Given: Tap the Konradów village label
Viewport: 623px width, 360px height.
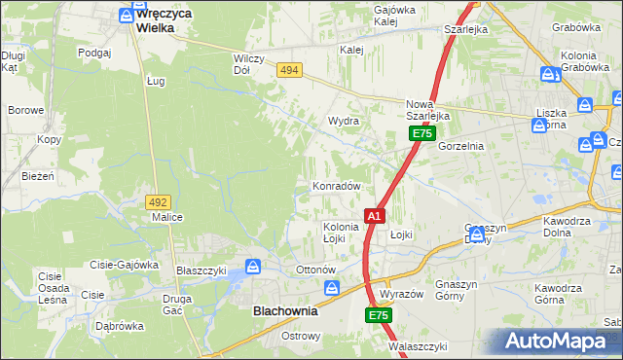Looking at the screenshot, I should (x=337, y=186).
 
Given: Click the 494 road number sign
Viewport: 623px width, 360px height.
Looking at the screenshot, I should (x=288, y=70).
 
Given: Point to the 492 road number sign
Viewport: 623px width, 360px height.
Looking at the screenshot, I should (x=159, y=201).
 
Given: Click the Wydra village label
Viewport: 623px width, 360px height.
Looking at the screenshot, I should (x=344, y=122).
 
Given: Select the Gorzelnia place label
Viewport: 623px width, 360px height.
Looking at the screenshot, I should (x=460, y=145).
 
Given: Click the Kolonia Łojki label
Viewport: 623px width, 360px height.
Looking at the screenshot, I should (x=341, y=233).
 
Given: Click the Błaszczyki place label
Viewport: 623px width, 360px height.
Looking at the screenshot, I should (x=201, y=270).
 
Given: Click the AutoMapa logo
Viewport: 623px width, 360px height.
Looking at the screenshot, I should (x=558, y=342).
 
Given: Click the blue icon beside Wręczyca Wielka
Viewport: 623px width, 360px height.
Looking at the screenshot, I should (x=126, y=16).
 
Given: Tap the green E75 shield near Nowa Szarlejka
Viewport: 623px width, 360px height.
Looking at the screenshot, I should (x=421, y=133).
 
